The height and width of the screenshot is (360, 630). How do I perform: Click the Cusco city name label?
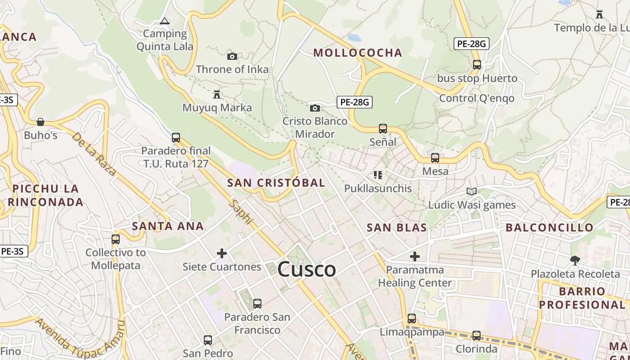click(306, 270)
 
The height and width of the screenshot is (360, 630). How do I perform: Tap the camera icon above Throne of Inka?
click(232, 56)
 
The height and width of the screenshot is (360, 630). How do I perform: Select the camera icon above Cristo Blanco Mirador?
click(315, 108)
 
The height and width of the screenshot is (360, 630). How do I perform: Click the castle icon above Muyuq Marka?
click(217, 94)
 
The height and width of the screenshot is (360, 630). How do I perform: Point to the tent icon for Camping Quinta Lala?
click(165, 21)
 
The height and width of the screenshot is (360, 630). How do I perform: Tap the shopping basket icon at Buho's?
click(40, 122)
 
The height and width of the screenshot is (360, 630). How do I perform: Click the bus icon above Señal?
click(383, 129)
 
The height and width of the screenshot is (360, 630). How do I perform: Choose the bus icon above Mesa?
click(435, 158)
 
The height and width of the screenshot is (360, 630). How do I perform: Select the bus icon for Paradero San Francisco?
click(257, 304)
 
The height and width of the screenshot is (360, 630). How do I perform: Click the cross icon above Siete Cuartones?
click(222, 253)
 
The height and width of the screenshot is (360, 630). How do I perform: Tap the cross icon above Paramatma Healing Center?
click(415, 256)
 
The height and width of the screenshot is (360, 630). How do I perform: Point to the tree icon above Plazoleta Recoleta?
click(575, 260)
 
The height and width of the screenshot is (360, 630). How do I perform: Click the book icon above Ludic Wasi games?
click(471, 192)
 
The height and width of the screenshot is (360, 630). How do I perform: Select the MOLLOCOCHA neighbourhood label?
click(358, 53)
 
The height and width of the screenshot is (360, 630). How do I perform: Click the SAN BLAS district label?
click(397, 228)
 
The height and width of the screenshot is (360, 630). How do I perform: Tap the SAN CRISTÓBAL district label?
click(276, 183)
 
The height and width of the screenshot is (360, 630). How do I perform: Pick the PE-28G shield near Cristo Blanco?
click(355, 102)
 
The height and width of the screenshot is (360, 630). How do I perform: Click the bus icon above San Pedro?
click(208, 340)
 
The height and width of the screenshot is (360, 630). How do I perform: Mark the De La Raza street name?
click(94, 153)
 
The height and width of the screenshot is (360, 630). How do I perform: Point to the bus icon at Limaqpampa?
click(412, 319)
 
